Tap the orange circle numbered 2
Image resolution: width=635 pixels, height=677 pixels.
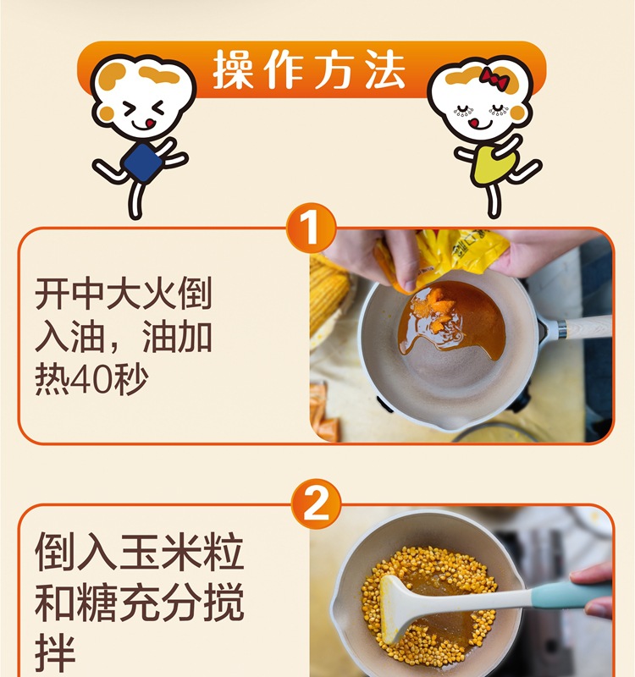pos(315,506)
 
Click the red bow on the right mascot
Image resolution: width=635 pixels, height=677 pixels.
pos(493,75)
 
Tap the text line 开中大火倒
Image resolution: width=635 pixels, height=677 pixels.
pos(124,296)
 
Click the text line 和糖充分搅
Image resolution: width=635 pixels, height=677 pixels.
pos(139,603)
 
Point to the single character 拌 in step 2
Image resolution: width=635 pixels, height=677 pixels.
pos(55,654)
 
